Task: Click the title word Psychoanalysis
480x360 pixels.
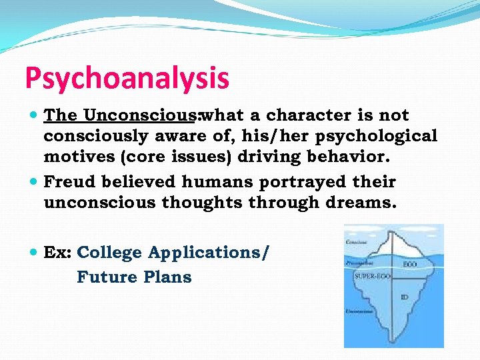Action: (127, 79)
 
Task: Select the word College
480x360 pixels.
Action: (110, 253)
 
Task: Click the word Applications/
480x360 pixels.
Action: (209, 253)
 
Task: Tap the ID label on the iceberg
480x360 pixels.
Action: (405, 297)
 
